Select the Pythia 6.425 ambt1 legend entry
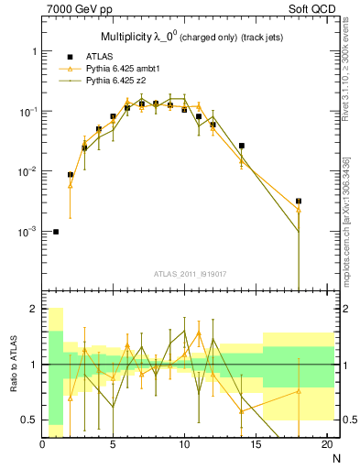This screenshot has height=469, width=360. [x=111, y=68]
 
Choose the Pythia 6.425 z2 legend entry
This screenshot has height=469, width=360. [x=105, y=80]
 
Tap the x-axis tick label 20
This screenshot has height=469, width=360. [x=327, y=444]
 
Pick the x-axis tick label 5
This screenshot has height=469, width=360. [x=113, y=444]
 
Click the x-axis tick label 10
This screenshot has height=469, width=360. [x=184, y=444]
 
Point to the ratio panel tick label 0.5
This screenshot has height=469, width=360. [x=28, y=420]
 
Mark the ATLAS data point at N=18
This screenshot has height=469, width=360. [x=299, y=201]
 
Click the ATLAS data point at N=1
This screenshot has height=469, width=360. [x=56, y=232]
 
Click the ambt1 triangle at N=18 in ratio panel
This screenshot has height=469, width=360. [x=299, y=391]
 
